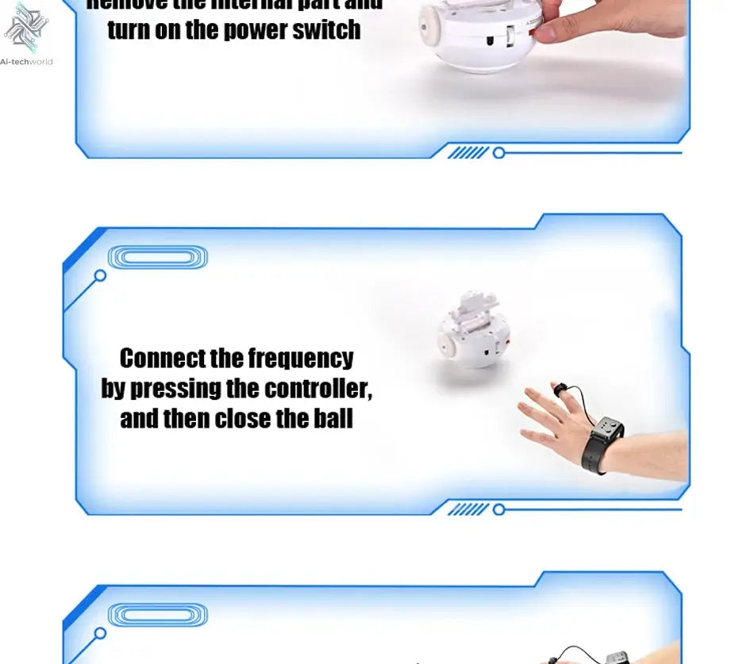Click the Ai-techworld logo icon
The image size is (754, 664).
point(26,28)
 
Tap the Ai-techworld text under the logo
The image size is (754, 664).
point(26,61)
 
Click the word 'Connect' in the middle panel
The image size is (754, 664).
point(162,359)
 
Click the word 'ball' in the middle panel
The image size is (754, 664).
point(333,418)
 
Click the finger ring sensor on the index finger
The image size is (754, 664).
point(560,389)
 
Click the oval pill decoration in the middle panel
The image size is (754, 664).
point(157,257)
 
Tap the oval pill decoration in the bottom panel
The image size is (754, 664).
point(157,615)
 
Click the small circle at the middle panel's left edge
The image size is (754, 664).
point(100,276)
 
